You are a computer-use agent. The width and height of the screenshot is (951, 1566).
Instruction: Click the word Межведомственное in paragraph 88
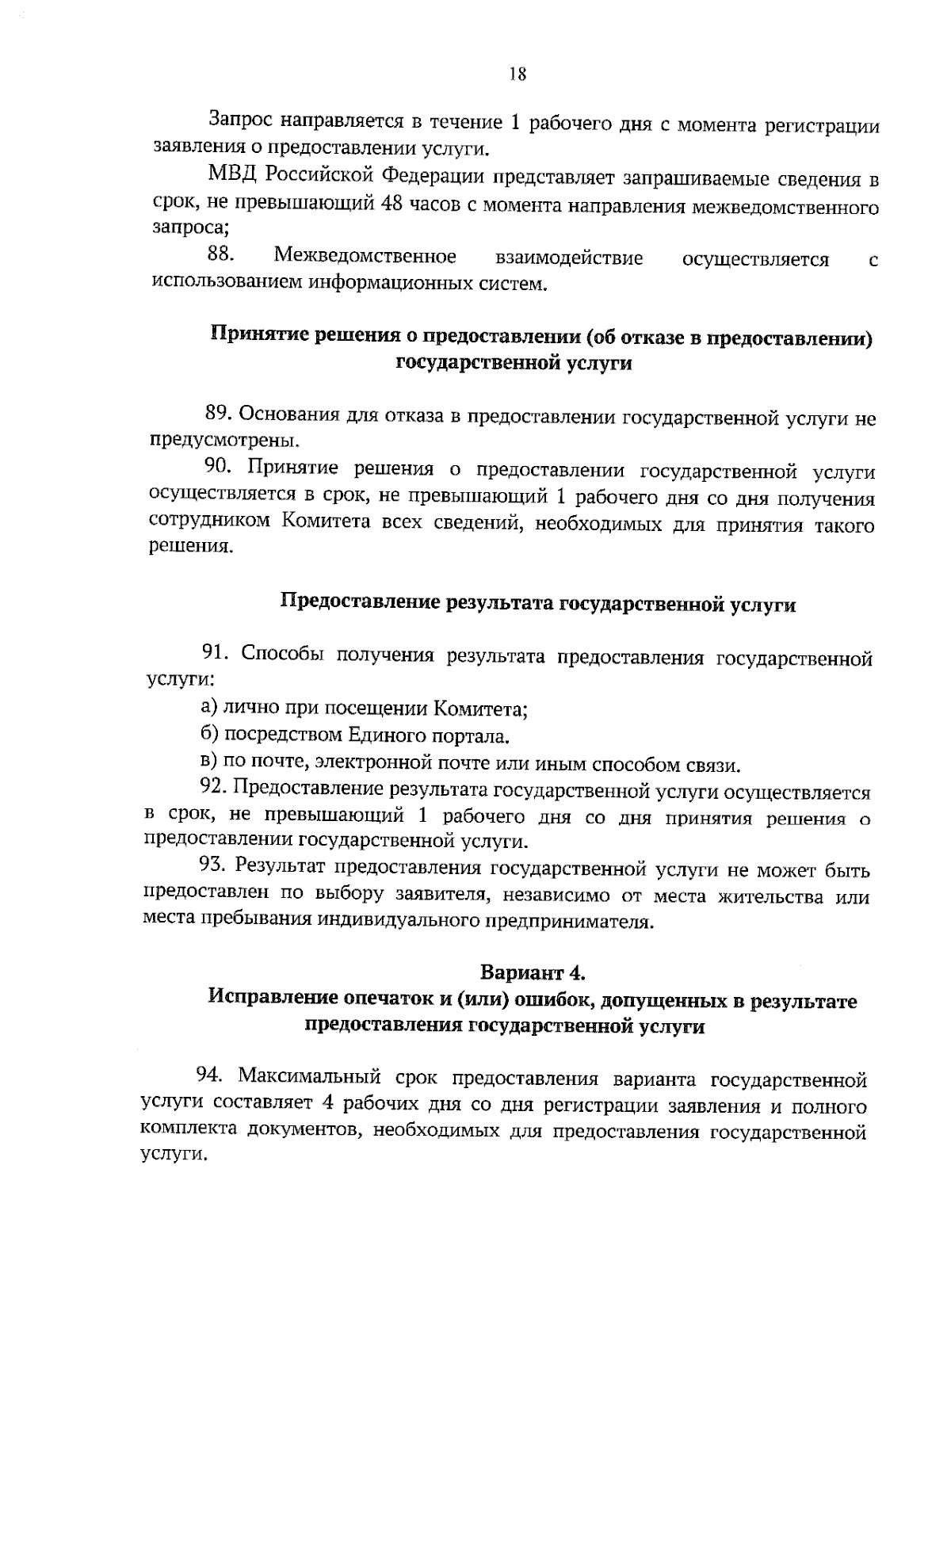point(365,257)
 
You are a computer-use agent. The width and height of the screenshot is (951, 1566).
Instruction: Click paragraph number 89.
point(218,414)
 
